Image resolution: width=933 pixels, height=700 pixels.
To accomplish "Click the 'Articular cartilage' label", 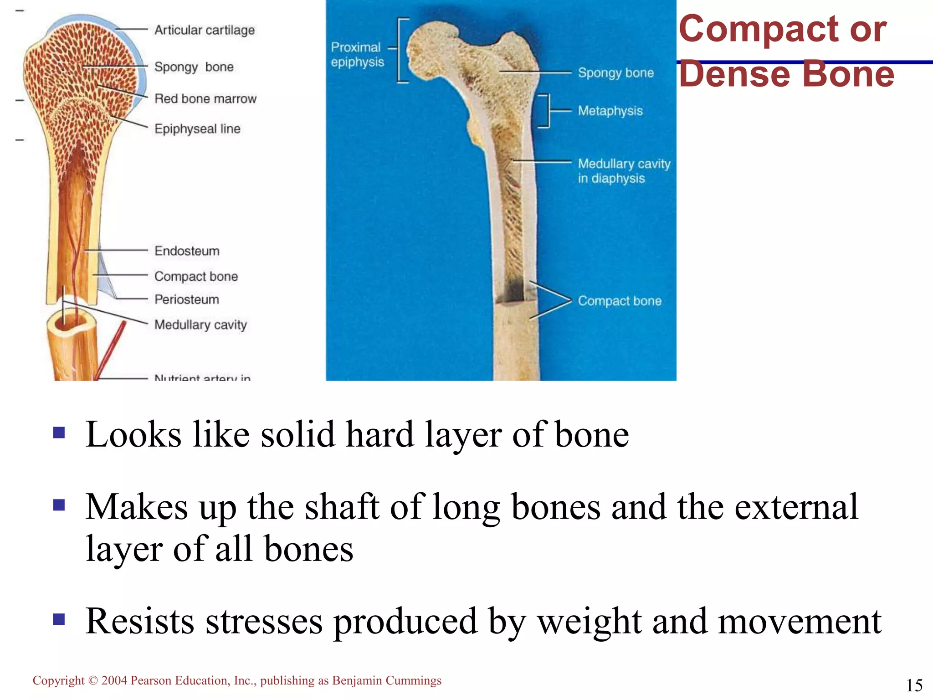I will tap(205, 30).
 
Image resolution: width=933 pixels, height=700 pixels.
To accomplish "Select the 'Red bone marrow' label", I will tap(205, 98).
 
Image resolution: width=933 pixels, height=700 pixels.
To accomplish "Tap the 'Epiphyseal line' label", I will tap(197, 129).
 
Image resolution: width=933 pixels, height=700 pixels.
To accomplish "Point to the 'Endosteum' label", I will tap(187, 251).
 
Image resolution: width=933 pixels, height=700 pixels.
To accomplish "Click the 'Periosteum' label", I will tap(187, 299).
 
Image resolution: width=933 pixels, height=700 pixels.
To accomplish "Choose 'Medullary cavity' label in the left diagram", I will tap(200, 324).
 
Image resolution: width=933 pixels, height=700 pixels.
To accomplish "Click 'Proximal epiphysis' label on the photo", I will tap(357, 55).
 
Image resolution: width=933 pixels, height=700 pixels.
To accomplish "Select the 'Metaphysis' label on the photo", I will tap(610, 111).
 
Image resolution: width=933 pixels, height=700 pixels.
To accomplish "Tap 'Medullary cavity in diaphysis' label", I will tap(624, 171).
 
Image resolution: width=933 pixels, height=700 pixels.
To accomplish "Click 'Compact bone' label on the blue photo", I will tap(620, 301).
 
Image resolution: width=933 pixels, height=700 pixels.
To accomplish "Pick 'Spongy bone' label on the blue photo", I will tap(615, 73).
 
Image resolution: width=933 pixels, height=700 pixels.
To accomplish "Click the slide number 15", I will tap(914, 685).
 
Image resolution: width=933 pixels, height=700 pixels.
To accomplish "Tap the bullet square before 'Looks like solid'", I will tap(59, 432).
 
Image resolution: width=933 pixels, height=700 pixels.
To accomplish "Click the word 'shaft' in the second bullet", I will tap(342, 507).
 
